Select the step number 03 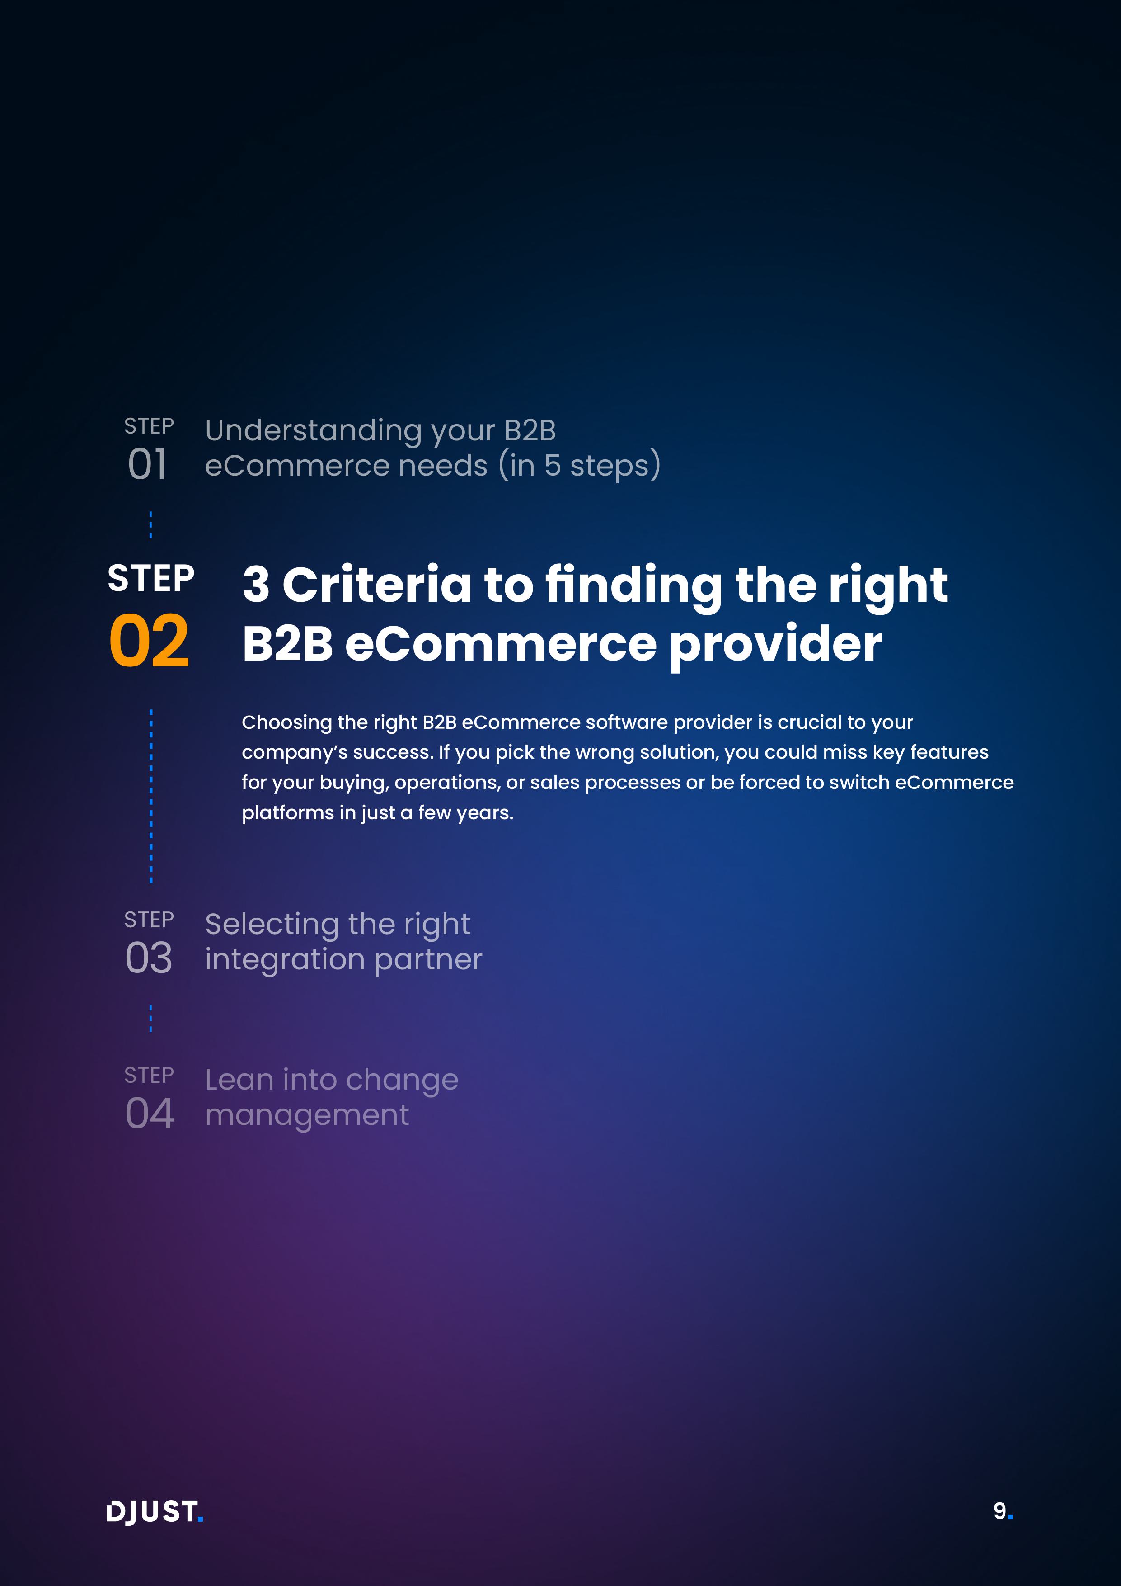[148, 958]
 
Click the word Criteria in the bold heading [377, 585]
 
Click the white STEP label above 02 [151, 578]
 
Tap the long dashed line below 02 [151, 796]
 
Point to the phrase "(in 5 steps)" [579, 465]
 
